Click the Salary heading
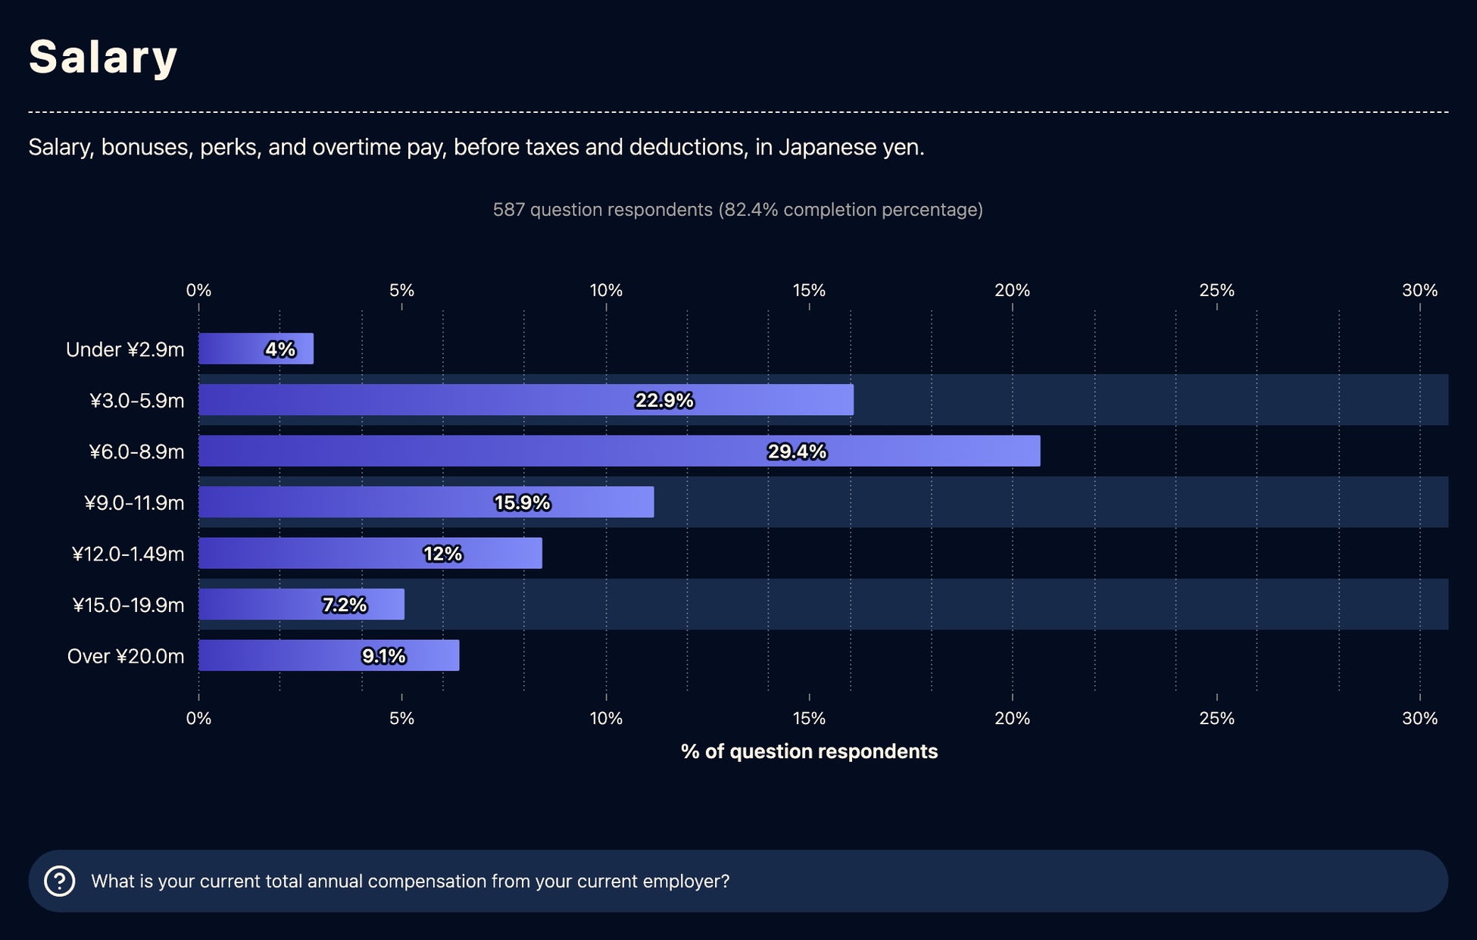(x=103, y=57)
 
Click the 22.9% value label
(x=664, y=400)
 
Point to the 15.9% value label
(x=522, y=503)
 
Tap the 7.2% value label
(x=344, y=604)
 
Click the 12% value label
(x=442, y=554)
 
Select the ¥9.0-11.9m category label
(x=134, y=503)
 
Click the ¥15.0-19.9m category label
(x=128, y=604)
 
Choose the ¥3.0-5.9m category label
(x=136, y=400)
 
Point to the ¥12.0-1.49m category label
(x=128, y=554)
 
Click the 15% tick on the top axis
(x=809, y=290)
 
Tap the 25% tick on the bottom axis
(x=1216, y=718)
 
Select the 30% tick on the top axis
(x=1419, y=290)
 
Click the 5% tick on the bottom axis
(x=401, y=718)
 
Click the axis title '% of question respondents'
(x=809, y=751)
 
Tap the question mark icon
(x=60, y=881)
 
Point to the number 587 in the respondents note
(x=508, y=210)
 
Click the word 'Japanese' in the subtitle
(x=827, y=147)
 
